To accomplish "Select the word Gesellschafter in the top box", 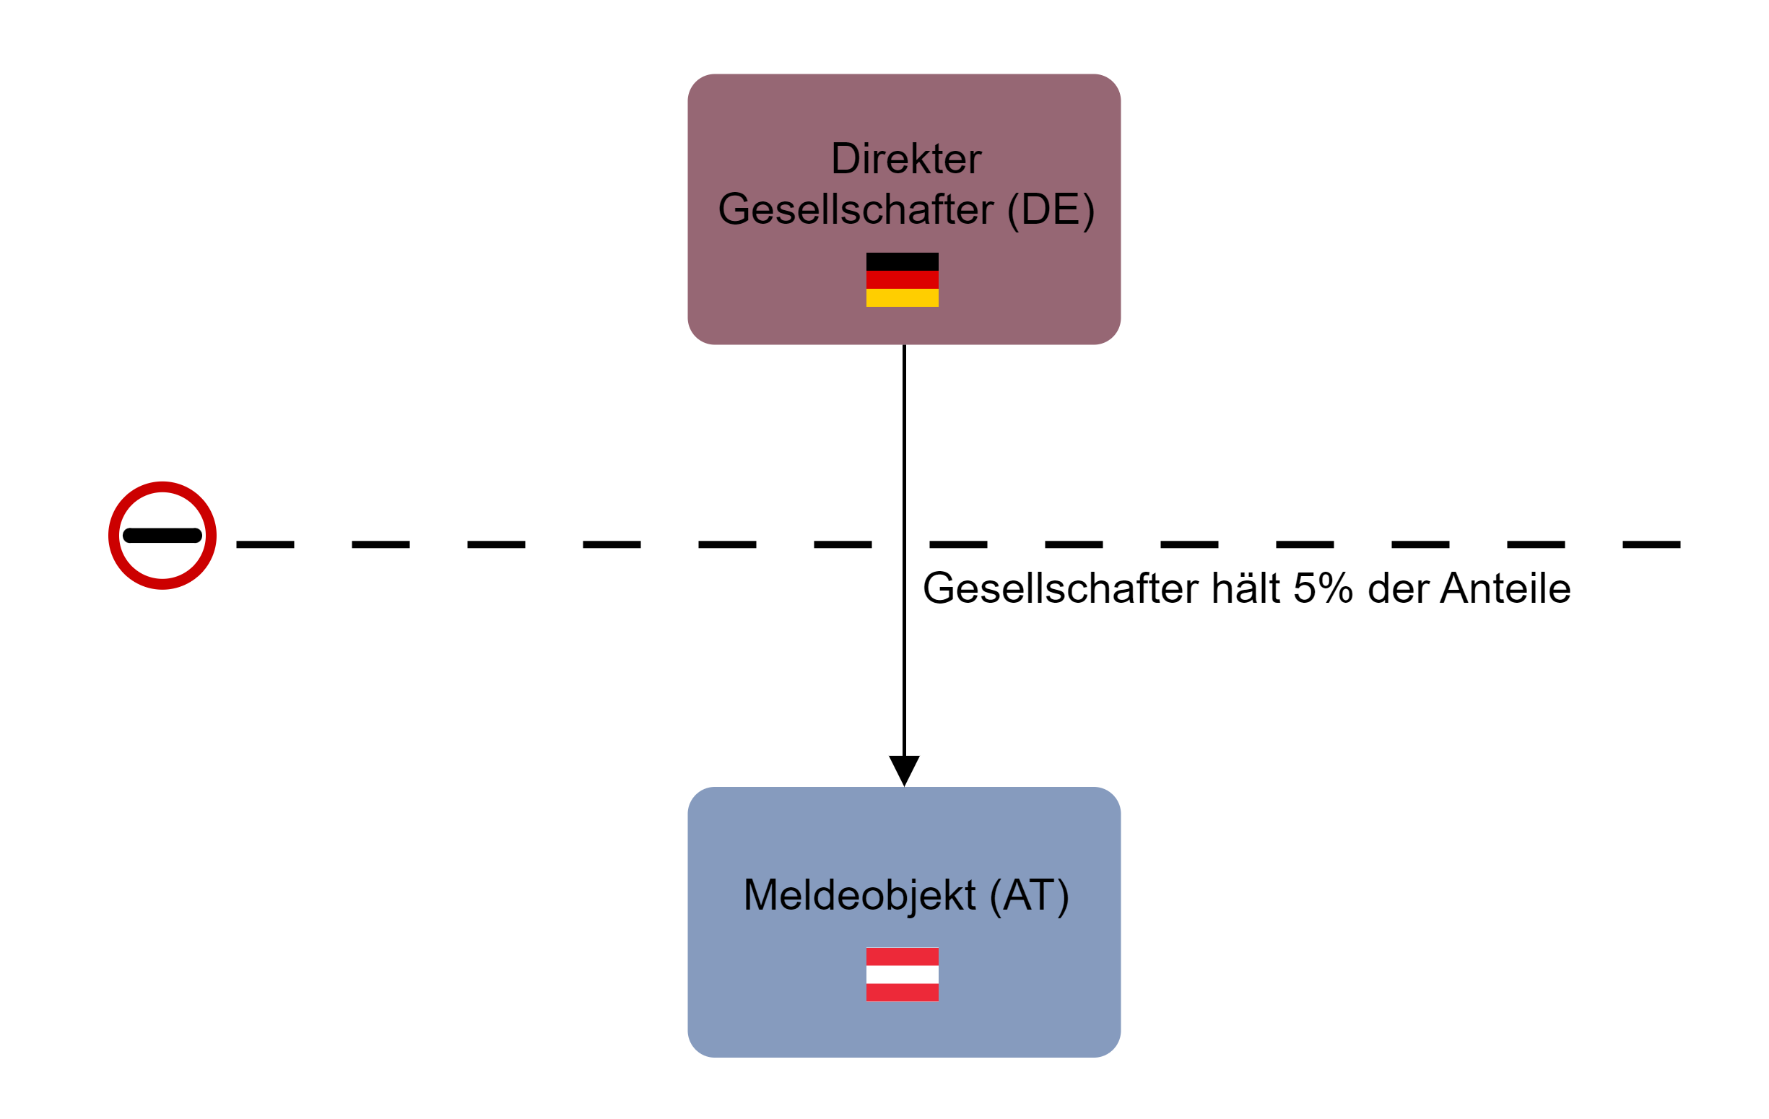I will [856, 209].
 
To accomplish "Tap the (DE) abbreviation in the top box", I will [1051, 209].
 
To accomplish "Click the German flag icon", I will [902, 280].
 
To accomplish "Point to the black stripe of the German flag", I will [902, 261].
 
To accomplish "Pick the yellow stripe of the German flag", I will [902, 297].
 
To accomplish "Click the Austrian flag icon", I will [902, 975].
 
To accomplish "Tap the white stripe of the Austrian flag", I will [902, 975].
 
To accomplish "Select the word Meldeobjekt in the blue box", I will [859, 895].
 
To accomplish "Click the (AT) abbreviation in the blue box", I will [1028, 895].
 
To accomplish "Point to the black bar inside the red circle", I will [162, 536].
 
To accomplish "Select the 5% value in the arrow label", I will [1322, 588].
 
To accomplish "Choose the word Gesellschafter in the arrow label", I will [1060, 588].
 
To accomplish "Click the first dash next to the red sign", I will [265, 544].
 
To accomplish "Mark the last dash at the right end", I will [1651, 544].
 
